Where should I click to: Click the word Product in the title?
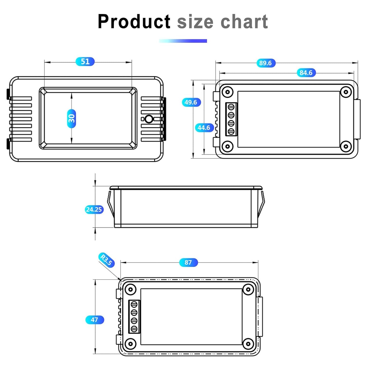click(134, 22)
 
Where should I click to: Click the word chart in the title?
click(244, 22)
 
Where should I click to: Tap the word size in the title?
click(195, 22)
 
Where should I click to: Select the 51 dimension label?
click(85, 61)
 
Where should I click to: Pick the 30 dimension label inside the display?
click(72, 119)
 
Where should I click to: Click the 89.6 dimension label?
click(265, 63)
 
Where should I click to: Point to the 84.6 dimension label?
click(306, 72)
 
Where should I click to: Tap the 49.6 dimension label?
click(191, 102)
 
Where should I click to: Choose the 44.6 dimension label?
click(204, 128)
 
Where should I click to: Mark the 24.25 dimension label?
click(94, 209)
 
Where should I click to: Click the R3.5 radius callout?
click(107, 260)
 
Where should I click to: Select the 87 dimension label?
click(188, 262)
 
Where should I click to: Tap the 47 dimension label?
click(94, 320)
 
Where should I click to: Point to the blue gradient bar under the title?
click(183, 41)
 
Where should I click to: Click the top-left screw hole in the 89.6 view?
click(227, 92)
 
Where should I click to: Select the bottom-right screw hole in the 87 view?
click(248, 344)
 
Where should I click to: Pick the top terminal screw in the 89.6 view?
click(231, 107)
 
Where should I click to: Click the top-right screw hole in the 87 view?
click(248, 290)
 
